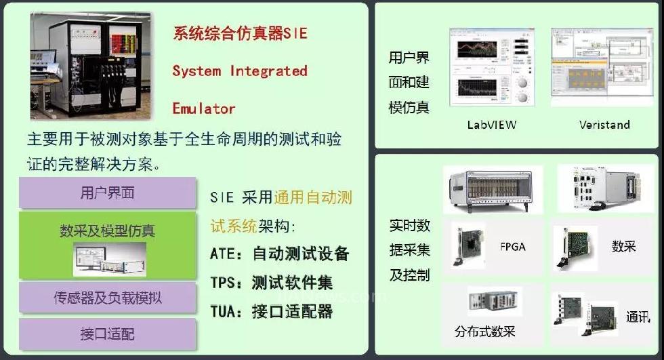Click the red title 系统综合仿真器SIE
click(x=240, y=33)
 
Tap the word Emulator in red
click(x=204, y=108)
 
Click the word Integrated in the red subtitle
click(x=268, y=71)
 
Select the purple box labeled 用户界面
click(x=108, y=193)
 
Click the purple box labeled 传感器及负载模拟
click(x=108, y=298)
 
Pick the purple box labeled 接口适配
click(x=108, y=334)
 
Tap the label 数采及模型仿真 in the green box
click(x=107, y=231)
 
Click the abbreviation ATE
click(x=222, y=254)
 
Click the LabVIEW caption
click(x=492, y=125)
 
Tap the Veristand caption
click(x=604, y=125)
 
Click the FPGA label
click(x=512, y=247)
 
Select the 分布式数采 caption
click(x=485, y=332)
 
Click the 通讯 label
click(x=638, y=317)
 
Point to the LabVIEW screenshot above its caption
click(x=492, y=67)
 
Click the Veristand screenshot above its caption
click(x=602, y=67)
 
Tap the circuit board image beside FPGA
click(x=468, y=246)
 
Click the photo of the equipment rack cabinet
click(x=91, y=66)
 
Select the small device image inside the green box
click(x=110, y=260)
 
